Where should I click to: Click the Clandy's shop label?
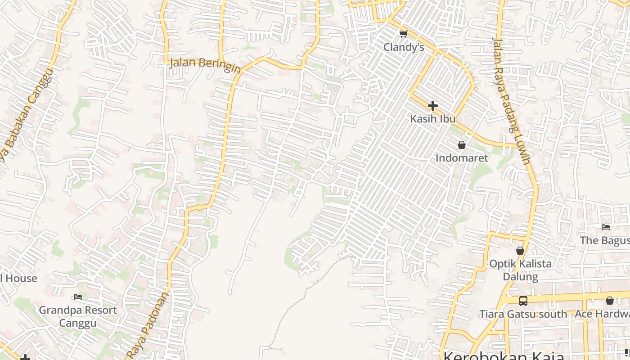tap(404, 47)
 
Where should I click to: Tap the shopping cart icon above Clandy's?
tap(404, 34)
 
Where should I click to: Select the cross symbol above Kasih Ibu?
tap(433, 106)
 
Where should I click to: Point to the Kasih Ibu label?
tap(433, 119)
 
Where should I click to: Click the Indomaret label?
tap(462, 158)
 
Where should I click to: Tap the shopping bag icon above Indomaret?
tap(462, 145)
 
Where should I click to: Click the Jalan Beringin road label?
tap(205, 64)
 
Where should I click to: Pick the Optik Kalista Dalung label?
tap(520, 270)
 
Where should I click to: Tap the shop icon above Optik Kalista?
tap(520, 251)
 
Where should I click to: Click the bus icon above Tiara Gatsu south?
tap(523, 301)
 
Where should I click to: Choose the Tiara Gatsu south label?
tap(523, 314)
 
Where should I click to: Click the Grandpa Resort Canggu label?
tap(78, 316)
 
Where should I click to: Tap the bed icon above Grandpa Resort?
tap(78, 297)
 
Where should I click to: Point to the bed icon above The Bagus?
tap(606, 227)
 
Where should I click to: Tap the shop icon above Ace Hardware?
tap(610, 301)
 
